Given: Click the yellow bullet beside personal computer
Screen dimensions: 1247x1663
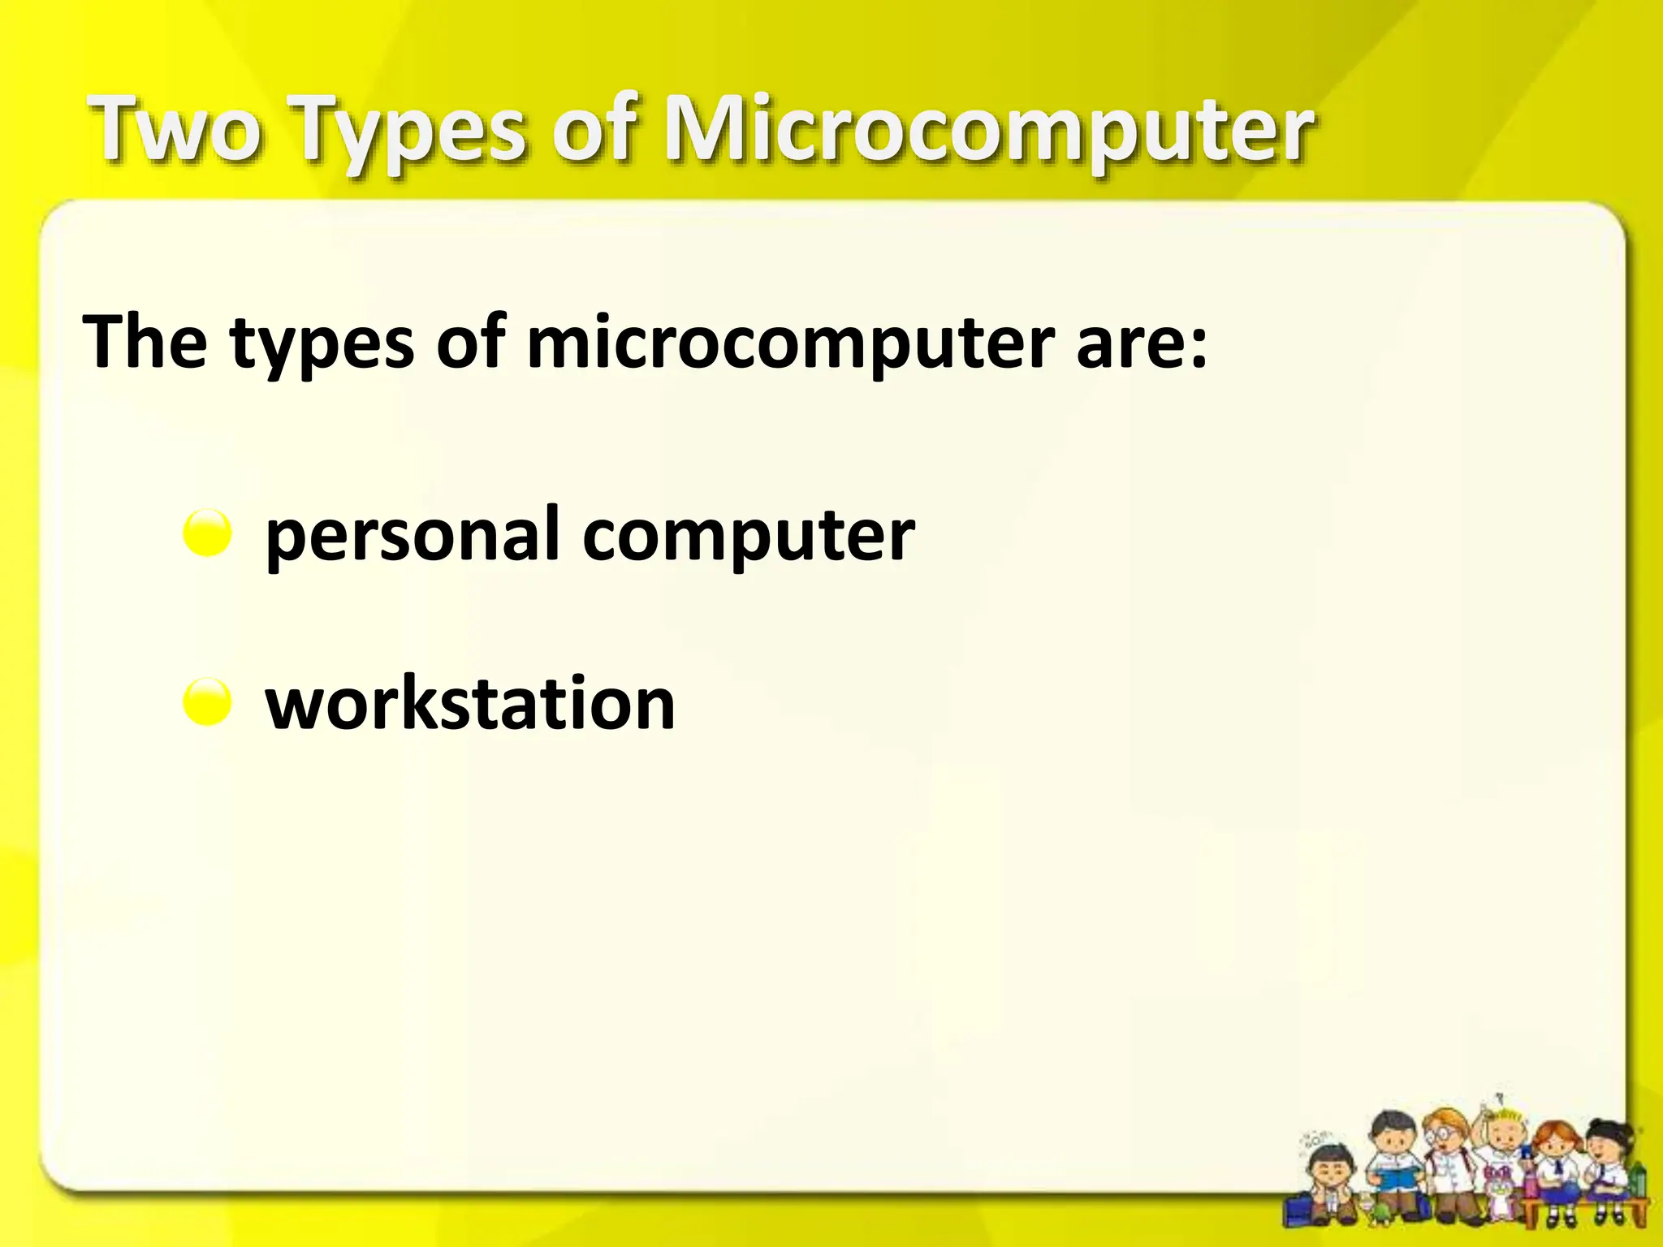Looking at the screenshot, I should pos(208,533).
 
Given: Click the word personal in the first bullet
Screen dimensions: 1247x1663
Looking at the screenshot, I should pos(413,536).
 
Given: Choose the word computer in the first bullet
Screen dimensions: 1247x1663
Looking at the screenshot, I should pos(749,536).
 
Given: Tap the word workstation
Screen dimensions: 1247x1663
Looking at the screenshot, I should pos(470,703).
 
